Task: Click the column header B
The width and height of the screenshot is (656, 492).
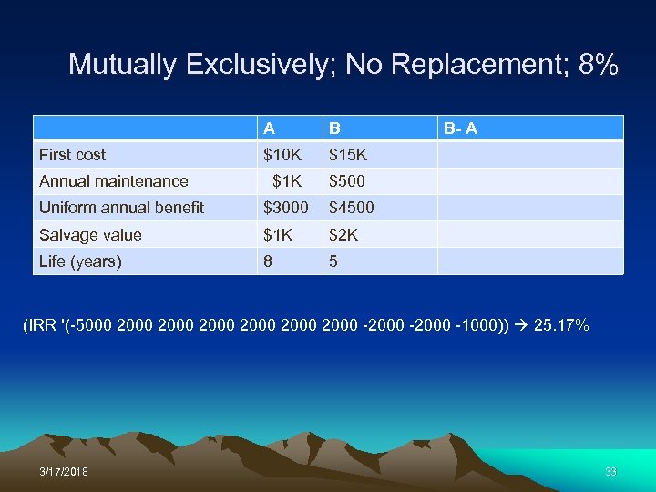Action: (335, 128)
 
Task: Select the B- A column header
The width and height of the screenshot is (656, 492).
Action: (460, 128)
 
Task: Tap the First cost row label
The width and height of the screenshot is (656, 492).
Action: (73, 155)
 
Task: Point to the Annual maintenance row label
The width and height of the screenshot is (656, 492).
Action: (114, 181)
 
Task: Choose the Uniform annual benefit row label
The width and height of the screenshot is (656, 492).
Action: (122, 208)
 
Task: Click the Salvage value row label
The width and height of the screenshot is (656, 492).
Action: (90, 235)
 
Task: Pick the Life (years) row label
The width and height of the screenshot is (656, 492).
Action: (80, 261)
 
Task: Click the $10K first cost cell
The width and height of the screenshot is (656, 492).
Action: (282, 155)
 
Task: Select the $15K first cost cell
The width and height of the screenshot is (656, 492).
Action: (348, 155)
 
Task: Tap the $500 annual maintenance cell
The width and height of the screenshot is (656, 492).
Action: (347, 181)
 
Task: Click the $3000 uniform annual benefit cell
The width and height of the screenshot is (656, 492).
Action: (286, 208)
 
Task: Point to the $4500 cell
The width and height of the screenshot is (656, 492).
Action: (351, 208)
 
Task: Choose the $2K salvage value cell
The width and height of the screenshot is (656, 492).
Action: (343, 235)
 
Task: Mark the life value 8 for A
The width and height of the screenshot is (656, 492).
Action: (268, 261)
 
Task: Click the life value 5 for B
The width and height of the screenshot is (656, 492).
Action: (333, 261)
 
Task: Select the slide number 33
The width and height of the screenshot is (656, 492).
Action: (610, 471)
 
